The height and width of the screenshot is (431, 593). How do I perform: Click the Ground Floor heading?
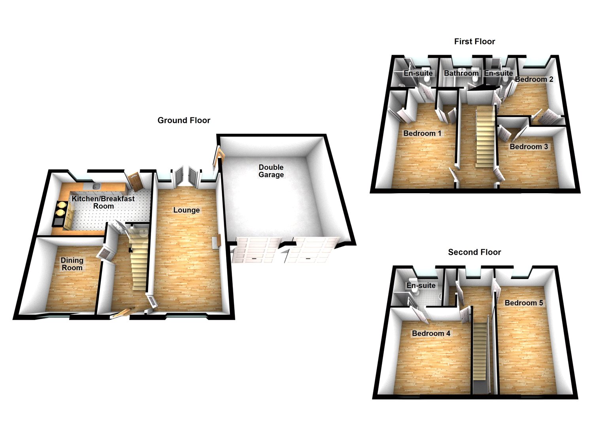(x=184, y=120)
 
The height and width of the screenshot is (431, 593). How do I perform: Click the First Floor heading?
(x=474, y=42)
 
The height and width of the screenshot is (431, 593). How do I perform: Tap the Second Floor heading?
(x=474, y=252)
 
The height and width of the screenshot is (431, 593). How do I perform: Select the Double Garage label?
(x=271, y=171)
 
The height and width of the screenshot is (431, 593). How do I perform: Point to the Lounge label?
(x=187, y=210)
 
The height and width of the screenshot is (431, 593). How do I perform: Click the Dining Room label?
(x=72, y=264)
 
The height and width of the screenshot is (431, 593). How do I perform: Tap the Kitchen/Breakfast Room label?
(x=103, y=202)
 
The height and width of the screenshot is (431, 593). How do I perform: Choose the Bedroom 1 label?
(x=422, y=133)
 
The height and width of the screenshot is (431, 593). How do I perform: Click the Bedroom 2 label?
(x=534, y=79)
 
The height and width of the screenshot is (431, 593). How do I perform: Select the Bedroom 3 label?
(x=529, y=147)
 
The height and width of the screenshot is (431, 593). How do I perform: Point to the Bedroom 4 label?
(x=431, y=333)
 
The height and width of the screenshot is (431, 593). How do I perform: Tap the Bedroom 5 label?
(x=524, y=303)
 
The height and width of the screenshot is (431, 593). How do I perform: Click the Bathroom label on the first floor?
(x=461, y=73)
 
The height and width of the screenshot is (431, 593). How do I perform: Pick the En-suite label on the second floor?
(x=421, y=285)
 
